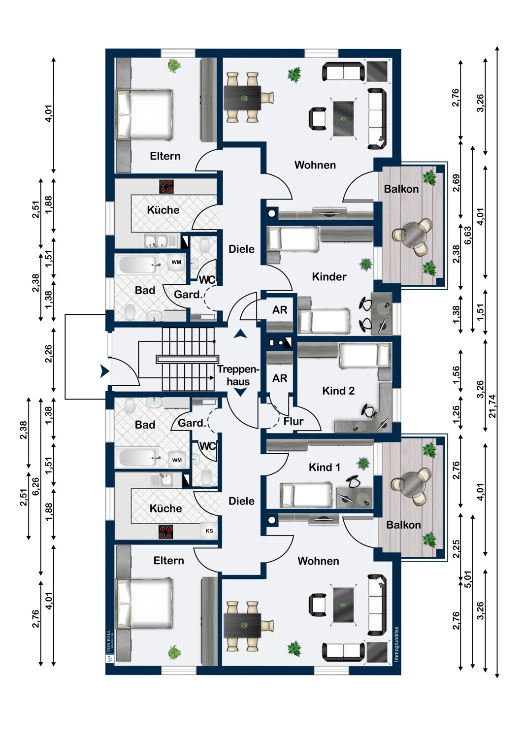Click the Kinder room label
329,276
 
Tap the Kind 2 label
338,391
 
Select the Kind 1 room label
324,467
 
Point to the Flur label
293,421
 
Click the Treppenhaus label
238,375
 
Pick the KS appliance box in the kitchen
209,531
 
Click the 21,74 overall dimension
492,406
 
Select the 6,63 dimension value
468,235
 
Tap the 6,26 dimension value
35,486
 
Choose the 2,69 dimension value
456,182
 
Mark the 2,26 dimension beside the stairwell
48,354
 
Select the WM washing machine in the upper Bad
176,262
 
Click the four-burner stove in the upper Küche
166,186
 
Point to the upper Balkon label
401,189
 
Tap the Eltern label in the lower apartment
168,561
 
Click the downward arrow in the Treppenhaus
240,392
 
